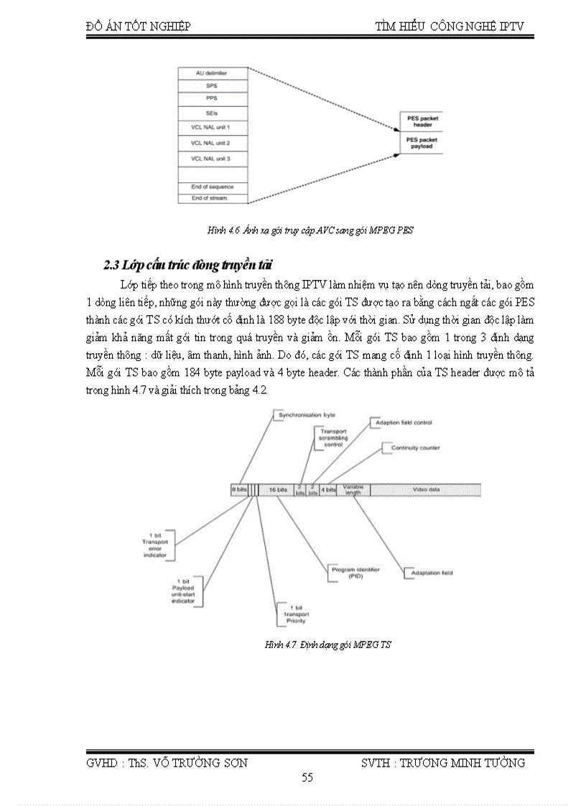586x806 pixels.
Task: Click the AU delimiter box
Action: click(213, 72)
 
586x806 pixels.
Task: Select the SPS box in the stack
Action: click(213, 85)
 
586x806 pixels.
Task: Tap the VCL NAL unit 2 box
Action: click(213, 143)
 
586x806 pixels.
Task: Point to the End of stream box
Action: click(213, 198)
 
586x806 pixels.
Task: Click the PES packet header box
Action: click(422, 121)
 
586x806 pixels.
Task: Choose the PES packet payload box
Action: click(422, 143)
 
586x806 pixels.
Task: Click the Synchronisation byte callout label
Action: click(307, 415)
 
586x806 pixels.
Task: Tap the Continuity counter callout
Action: click(414, 448)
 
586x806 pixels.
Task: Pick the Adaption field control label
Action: click(403, 423)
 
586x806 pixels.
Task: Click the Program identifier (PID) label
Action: click(354, 572)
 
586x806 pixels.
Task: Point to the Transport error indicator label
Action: click(155, 545)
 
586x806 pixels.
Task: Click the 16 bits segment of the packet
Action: click(277, 489)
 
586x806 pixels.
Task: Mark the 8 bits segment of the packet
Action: click(239, 489)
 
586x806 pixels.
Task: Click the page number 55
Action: click(307, 777)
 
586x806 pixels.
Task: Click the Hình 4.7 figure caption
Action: click(328, 645)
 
